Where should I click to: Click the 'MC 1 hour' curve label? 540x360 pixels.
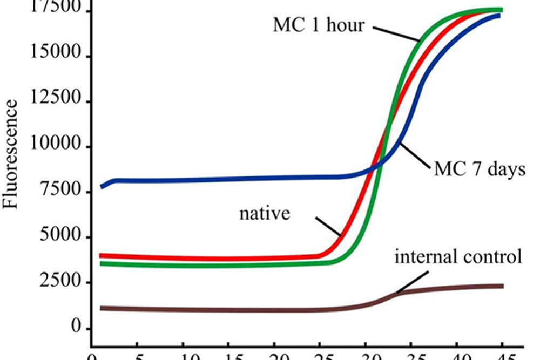pos(319,25)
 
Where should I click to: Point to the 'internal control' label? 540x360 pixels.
pos(458,256)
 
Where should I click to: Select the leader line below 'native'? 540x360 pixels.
pos(327,227)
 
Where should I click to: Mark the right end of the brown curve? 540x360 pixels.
pos(502,286)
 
